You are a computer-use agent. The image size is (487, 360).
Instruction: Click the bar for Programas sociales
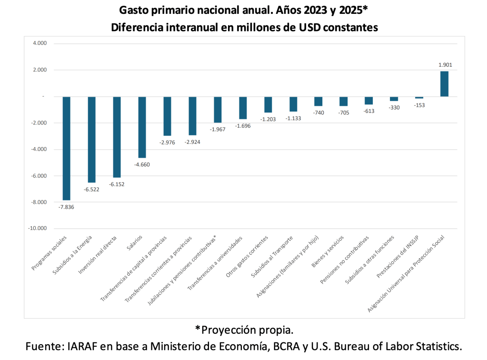click(x=67, y=148)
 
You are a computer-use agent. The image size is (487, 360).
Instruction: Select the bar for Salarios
click(x=142, y=127)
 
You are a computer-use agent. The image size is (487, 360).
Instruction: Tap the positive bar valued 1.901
click(x=444, y=84)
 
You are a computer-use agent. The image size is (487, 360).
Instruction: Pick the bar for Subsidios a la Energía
click(x=91, y=140)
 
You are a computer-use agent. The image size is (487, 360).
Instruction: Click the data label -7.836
click(x=66, y=207)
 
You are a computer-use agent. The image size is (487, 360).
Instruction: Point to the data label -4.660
click(x=142, y=165)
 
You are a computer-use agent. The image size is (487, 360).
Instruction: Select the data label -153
click(x=419, y=105)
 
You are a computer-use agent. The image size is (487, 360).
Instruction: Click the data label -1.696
click(x=243, y=126)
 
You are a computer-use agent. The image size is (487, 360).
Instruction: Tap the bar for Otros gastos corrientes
click(x=268, y=104)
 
